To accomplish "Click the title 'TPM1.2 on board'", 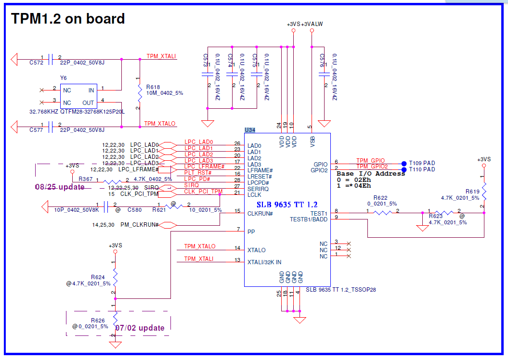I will (68, 19).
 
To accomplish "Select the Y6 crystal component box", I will (78, 96).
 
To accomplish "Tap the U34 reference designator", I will (250, 130).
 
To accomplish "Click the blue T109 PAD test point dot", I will (404, 163).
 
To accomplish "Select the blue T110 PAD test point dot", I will (404, 169).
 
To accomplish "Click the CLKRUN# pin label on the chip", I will (261, 213).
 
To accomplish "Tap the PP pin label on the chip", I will (251, 231).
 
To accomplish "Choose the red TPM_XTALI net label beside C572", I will (161, 57).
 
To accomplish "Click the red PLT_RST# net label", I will (198, 172).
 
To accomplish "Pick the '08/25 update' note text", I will (60, 187).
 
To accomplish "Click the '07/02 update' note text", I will (140, 328).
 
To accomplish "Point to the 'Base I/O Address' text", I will (371, 174).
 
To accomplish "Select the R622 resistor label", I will (380, 198).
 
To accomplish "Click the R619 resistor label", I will (472, 192).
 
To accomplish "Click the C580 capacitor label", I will (134, 210).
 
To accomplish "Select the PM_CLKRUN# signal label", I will (140, 225).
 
